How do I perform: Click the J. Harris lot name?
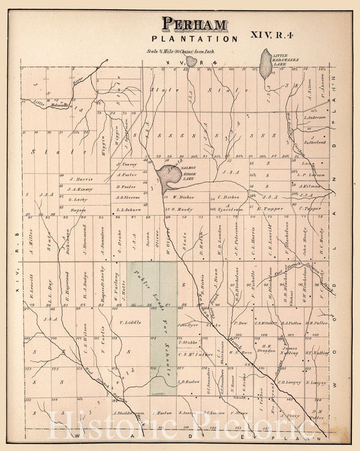tap(79, 179)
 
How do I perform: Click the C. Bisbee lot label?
tap(228, 197)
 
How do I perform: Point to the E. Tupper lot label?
tap(271, 209)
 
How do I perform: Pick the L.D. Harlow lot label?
tap(190, 382)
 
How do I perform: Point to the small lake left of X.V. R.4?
tap(190, 61)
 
